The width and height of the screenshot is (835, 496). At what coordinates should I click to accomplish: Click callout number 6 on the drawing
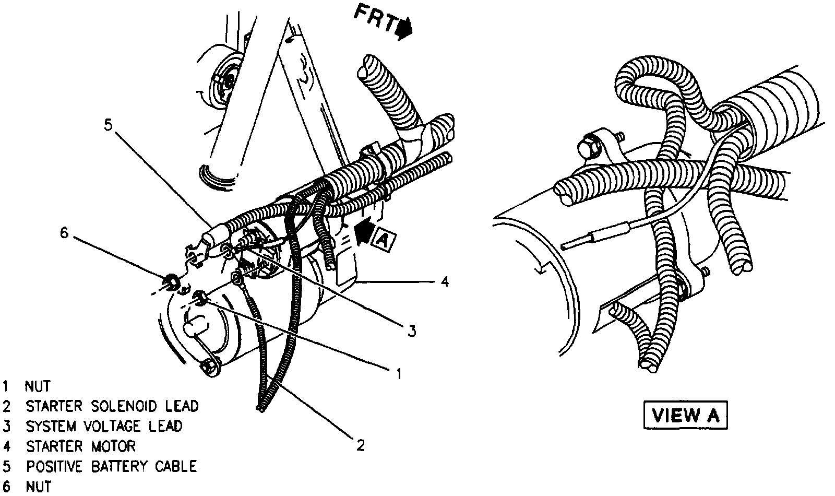tap(64, 233)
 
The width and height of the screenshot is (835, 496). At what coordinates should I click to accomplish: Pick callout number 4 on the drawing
tap(444, 282)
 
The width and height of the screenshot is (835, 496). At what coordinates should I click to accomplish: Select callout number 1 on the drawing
tap(398, 373)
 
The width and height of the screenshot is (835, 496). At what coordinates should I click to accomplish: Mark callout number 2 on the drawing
tap(360, 445)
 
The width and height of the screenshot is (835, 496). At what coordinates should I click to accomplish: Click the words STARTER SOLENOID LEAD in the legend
tap(112, 406)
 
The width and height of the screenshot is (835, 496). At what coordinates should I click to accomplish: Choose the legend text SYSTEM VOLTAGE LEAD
tap(104, 426)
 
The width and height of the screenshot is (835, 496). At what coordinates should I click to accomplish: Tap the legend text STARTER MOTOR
tap(81, 446)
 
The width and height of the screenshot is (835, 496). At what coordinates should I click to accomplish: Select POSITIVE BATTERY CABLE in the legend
tap(112, 466)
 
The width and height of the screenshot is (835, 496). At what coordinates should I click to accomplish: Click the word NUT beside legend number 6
tap(38, 487)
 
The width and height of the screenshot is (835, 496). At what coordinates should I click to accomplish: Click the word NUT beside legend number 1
tap(38, 386)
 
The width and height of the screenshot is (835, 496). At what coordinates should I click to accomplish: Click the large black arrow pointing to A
tap(364, 231)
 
